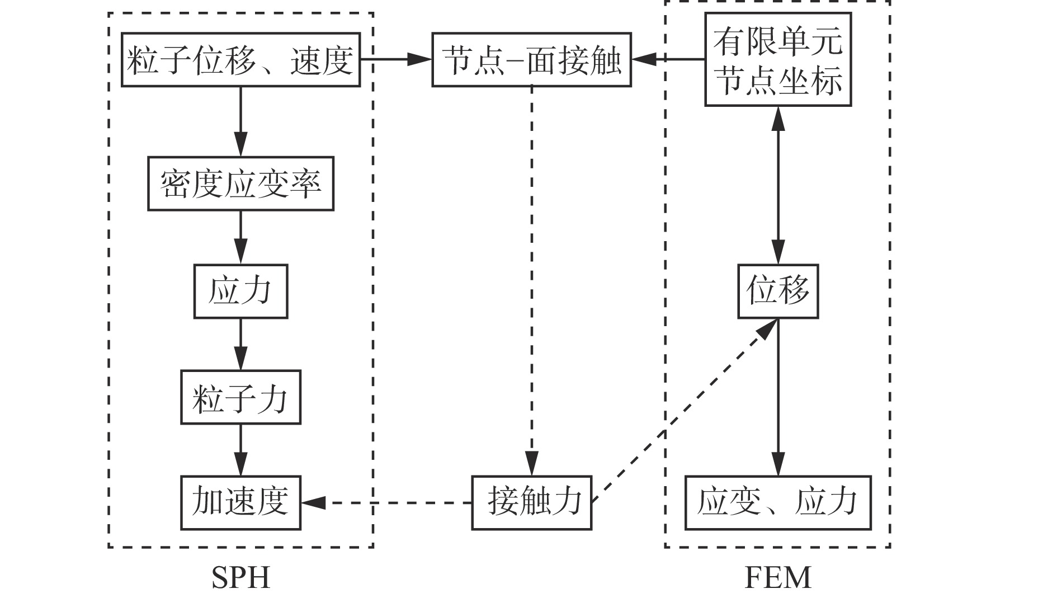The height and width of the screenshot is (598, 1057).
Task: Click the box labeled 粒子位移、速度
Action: tap(240, 60)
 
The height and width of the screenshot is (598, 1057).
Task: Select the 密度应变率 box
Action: tap(240, 184)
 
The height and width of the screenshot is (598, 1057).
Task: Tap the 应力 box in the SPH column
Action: tap(240, 291)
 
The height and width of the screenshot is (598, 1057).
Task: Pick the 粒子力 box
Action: tap(240, 397)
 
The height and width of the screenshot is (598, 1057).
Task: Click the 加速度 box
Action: tap(240, 502)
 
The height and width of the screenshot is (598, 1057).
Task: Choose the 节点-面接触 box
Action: tap(531, 60)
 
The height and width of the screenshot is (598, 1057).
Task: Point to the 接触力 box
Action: tap(531, 502)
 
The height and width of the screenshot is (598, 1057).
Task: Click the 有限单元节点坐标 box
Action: tap(777, 60)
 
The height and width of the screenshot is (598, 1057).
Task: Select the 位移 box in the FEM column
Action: tap(777, 291)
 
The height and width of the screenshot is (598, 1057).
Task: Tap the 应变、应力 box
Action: tap(777, 502)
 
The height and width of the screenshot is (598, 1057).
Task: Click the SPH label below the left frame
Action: tap(241, 578)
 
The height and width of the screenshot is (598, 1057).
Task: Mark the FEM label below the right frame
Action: tap(777, 578)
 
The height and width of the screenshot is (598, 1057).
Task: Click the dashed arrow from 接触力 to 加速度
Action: tap(386, 502)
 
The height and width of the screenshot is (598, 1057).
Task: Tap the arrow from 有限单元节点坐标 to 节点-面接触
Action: tap(668, 59)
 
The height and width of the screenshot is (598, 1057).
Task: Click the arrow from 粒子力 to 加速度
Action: tap(240, 450)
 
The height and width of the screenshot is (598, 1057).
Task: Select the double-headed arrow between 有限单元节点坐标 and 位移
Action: tap(777, 185)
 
